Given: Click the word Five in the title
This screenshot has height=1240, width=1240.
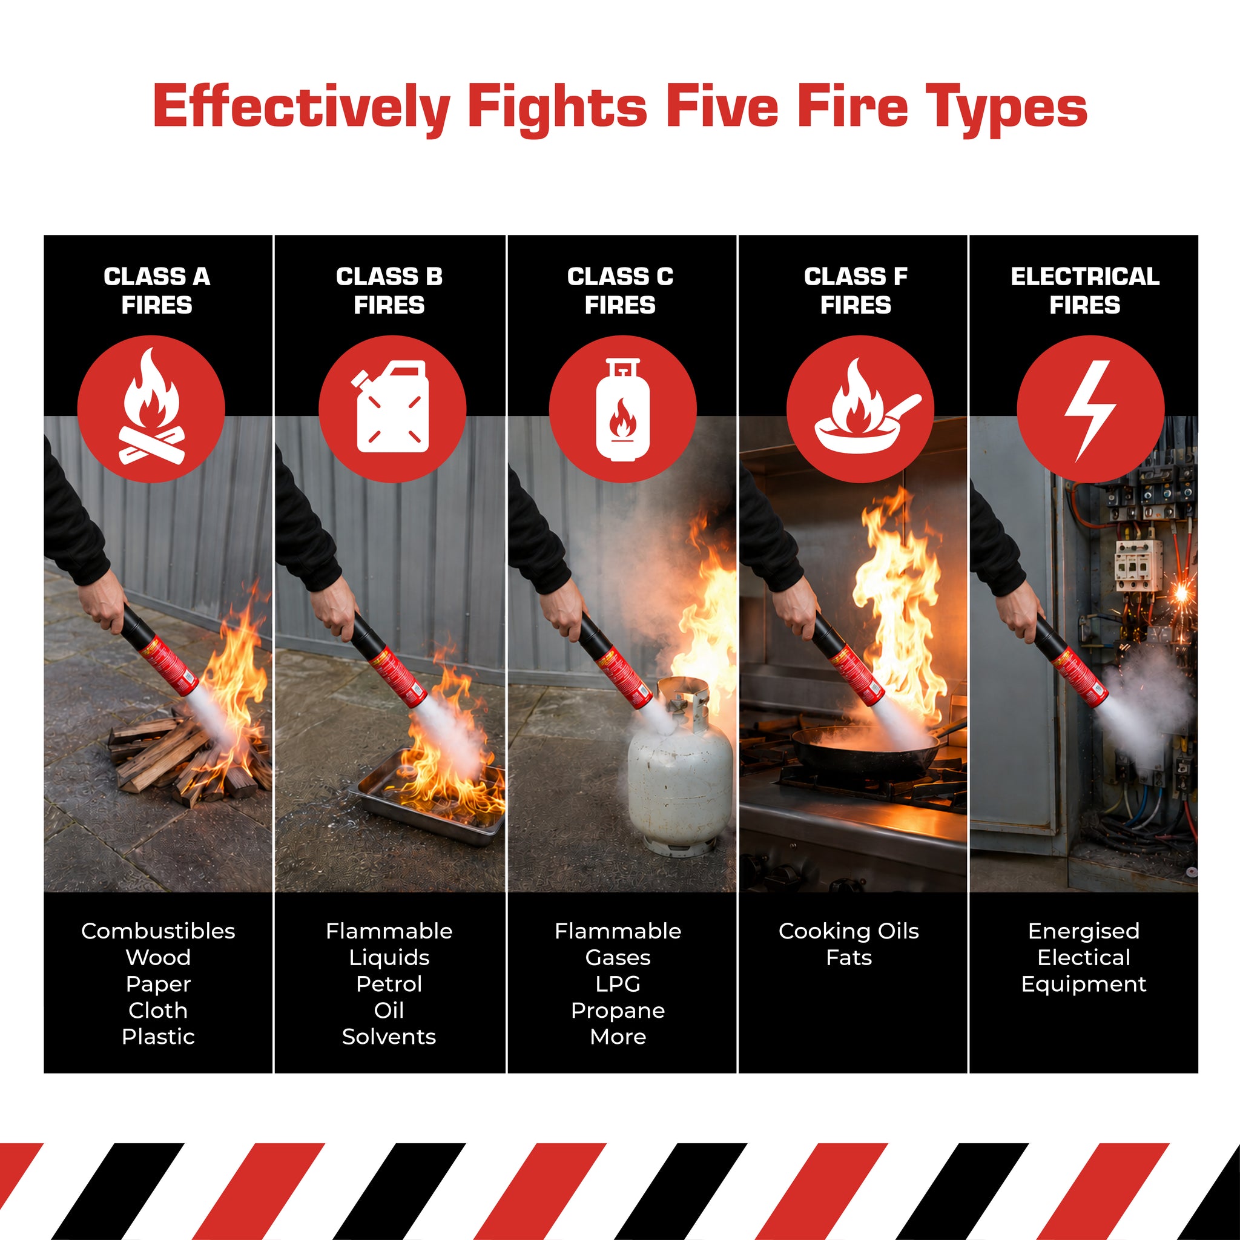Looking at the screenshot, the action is point(722,107).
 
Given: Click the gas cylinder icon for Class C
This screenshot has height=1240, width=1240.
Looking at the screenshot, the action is point(622,409).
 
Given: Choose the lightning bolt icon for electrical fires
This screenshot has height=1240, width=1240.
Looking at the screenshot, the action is point(1090,409).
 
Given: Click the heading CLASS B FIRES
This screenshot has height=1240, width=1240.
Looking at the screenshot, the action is point(389,291).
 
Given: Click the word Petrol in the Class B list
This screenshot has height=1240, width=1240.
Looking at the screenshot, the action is point(389,984).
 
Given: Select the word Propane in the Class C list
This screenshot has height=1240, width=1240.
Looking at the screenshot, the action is point(618,1011).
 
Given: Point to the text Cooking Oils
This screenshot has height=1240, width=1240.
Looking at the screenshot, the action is point(849,931).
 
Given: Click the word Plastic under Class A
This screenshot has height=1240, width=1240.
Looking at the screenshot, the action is point(159,1037).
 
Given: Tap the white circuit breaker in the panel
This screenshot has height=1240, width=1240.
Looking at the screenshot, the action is point(1138,564).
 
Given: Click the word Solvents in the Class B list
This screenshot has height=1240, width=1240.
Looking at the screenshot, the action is point(389,1037).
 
